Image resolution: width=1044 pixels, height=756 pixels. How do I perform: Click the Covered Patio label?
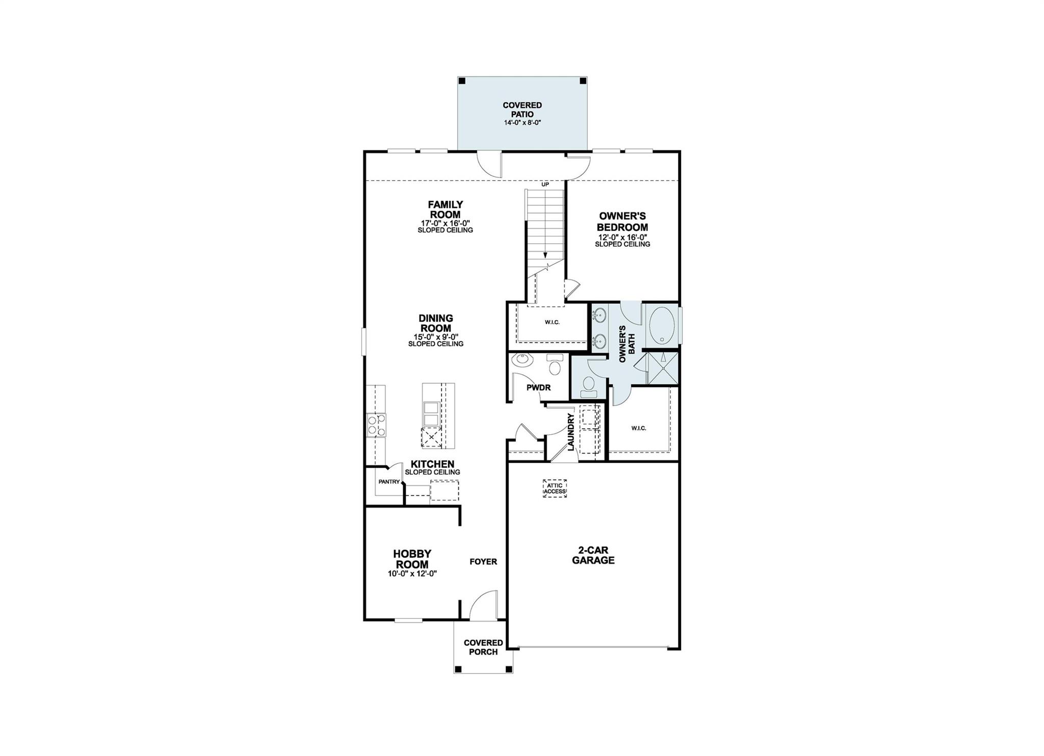point(522,110)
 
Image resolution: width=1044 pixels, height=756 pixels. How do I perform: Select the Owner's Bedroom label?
point(622,222)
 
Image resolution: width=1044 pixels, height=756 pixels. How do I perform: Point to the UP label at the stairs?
point(545,185)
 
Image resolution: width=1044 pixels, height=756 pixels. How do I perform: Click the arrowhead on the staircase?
point(545,255)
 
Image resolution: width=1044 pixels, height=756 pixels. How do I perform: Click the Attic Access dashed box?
point(555,488)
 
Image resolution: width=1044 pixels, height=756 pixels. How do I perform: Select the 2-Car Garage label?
point(593,556)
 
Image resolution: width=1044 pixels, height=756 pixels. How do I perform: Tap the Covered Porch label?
point(483,647)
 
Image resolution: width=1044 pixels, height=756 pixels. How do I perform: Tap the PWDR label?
point(538,387)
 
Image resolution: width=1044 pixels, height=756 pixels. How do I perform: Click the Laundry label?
point(571,432)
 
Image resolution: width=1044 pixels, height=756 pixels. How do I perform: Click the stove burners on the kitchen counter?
point(376,425)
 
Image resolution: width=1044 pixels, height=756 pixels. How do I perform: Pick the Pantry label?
point(389,481)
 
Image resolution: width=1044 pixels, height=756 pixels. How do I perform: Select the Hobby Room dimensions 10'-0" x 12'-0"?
point(412,573)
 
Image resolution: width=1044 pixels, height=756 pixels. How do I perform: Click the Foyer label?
point(483,561)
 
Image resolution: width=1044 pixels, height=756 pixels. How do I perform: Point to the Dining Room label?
point(436,323)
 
